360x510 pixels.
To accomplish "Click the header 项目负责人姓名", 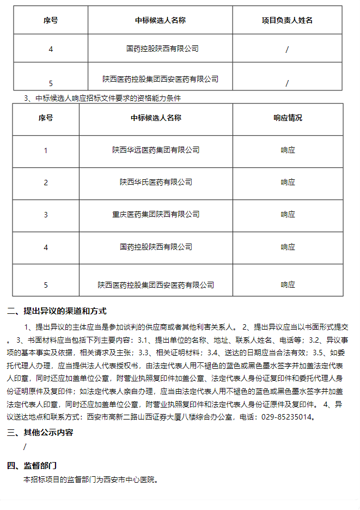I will click(x=287, y=20).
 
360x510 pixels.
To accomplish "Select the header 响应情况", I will click(x=288, y=118).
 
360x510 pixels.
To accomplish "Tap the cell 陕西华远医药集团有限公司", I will click(x=156, y=150).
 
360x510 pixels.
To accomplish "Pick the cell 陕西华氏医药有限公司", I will click(x=156, y=182).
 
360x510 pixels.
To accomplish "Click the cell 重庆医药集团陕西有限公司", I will click(x=156, y=214).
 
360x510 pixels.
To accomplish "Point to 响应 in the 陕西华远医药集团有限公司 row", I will click(x=288, y=150).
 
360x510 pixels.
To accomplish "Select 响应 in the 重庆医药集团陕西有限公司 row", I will click(x=288, y=214).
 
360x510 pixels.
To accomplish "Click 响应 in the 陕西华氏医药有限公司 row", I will click(x=288, y=182).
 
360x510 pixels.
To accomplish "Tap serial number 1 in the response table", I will click(x=46, y=150).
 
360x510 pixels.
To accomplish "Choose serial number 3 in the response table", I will click(x=46, y=215).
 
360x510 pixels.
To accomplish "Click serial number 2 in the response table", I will click(x=46, y=183).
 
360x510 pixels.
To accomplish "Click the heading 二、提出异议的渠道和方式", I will click(x=57, y=312).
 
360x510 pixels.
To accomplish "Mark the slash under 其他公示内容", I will click(x=25, y=447).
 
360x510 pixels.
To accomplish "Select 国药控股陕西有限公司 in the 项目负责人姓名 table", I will click(x=162, y=48).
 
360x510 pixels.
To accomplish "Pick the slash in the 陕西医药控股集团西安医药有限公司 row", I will click(x=287, y=83).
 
